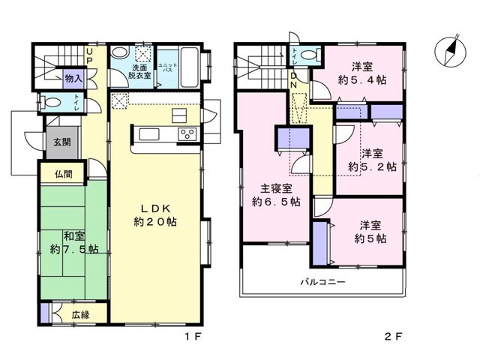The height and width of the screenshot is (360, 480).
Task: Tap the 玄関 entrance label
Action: (62, 142)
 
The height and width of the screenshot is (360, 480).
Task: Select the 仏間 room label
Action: (64, 174)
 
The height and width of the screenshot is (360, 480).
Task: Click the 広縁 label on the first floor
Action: (81, 315)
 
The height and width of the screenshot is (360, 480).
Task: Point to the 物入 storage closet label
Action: (73, 79)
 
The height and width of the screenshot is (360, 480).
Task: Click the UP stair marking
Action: (89, 56)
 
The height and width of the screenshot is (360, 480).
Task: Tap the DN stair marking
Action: (293, 80)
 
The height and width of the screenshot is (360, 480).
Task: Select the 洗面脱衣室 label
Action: (139, 71)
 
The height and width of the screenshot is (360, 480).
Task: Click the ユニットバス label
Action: (167, 67)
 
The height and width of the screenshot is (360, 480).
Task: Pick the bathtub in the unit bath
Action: (190, 67)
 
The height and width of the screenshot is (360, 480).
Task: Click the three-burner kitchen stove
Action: (187, 134)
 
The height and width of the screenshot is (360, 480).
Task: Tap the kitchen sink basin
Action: (149, 134)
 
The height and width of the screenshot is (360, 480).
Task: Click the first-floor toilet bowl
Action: (51, 102)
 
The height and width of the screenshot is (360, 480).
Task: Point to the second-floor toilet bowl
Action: (310, 55)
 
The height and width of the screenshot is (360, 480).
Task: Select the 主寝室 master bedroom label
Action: (276, 188)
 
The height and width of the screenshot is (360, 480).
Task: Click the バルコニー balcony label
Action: (322, 282)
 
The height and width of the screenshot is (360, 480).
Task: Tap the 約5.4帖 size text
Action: (362, 80)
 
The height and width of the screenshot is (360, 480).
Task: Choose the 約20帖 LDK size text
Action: (155, 222)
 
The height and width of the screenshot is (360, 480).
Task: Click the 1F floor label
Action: (193, 337)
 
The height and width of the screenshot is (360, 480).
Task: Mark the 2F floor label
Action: (393, 337)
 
